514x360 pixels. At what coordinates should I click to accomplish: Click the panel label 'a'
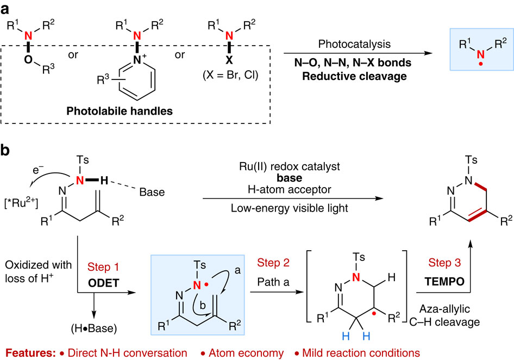click(8, 9)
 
